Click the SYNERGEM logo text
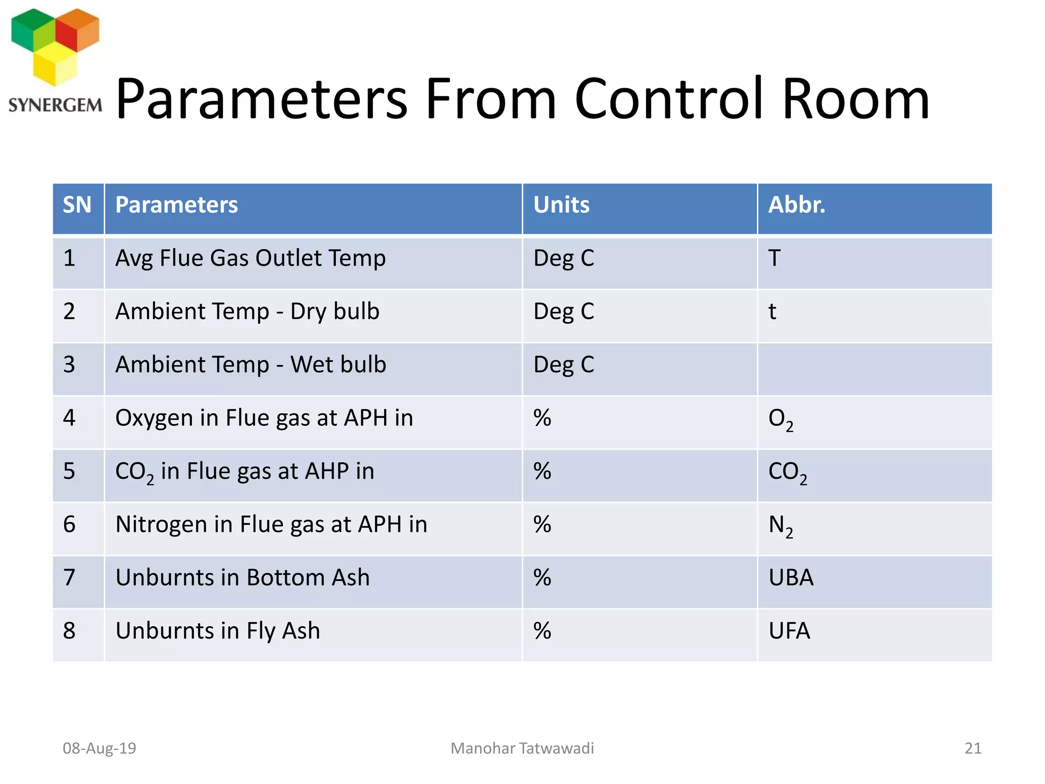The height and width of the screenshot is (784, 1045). pyautogui.click(x=55, y=105)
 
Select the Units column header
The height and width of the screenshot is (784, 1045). pyautogui.click(x=561, y=205)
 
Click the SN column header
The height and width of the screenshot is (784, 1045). pyautogui.click(x=77, y=205)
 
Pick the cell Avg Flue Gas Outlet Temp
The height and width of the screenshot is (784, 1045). pyautogui.click(x=250, y=258)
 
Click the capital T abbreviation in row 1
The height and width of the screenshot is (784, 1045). pyautogui.click(x=775, y=258)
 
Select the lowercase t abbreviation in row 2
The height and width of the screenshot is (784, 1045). pyautogui.click(x=773, y=311)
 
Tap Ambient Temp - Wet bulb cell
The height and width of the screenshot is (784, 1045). pyautogui.click(x=251, y=365)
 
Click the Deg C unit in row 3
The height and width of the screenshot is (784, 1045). pyautogui.click(x=564, y=365)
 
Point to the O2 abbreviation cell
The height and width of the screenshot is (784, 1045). pyautogui.click(x=781, y=419)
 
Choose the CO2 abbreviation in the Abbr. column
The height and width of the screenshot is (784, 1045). pyautogui.click(x=787, y=472)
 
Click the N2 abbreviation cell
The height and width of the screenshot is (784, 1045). pyautogui.click(x=781, y=526)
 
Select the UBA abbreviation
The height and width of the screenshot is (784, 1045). pyautogui.click(x=791, y=578)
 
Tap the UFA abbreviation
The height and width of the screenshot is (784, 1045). pyautogui.click(x=789, y=631)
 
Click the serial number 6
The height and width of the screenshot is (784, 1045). pyautogui.click(x=69, y=525)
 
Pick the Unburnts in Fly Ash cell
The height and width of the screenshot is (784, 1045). pyautogui.click(x=218, y=631)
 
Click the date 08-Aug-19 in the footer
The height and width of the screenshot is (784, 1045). pyautogui.click(x=99, y=748)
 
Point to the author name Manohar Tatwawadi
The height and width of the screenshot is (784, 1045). pyautogui.click(x=522, y=748)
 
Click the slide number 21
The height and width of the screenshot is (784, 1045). pyautogui.click(x=973, y=748)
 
